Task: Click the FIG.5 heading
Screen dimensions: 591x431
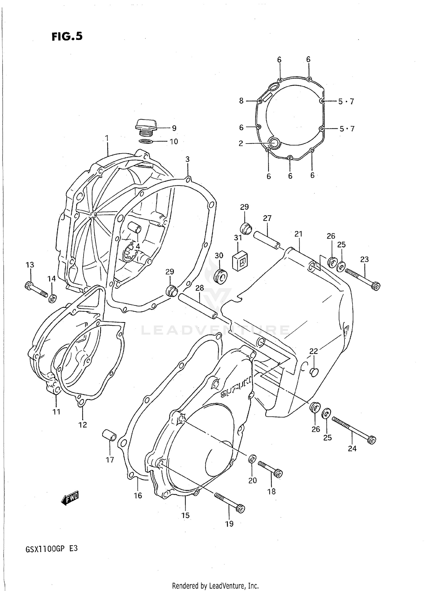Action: (x=67, y=36)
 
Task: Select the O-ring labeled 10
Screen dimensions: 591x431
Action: (x=146, y=141)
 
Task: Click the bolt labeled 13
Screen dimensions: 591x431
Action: (x=36, y=289)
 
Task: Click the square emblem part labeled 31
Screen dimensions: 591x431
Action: (x=240, y=260)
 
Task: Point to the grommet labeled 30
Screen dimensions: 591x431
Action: (x=221, y=276)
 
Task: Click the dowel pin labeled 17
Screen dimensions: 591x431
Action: (x=109, y=435)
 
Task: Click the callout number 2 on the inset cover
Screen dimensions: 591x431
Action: (x=241, y=143)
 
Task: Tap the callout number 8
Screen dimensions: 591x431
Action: (x=241, y=101)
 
